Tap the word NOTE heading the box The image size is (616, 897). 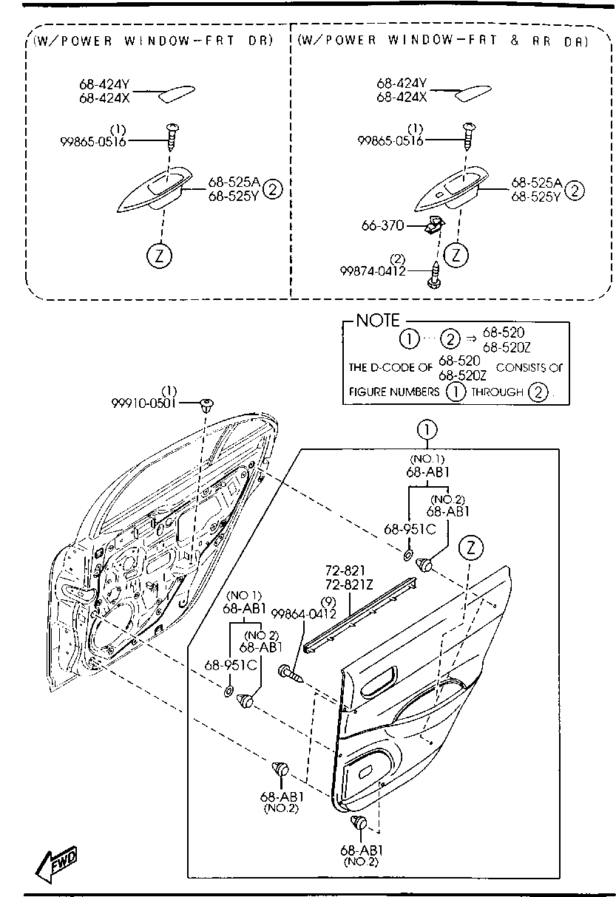pos(378,321)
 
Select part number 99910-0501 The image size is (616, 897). pos(143,403)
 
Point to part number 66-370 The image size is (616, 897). pos(383,225)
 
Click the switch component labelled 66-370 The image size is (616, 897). pos(434,225)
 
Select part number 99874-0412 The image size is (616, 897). pos(373,271)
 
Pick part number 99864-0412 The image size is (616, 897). pos(304,613)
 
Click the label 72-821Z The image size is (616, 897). pos(349,584)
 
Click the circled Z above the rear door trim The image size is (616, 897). pos(471,548)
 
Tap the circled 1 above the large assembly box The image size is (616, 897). pos(427,430)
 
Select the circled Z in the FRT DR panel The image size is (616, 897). pos(160,256)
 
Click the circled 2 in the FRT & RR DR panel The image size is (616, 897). pos(575,191)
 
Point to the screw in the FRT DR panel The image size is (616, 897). pos(172,137)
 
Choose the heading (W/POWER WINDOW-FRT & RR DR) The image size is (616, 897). pos(443,41)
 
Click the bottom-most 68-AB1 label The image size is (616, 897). pos(362,850)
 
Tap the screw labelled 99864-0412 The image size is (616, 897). pos(291,672)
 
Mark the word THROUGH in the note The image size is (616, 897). pos(497,392)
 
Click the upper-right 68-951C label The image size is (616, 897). pos(410,529)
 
